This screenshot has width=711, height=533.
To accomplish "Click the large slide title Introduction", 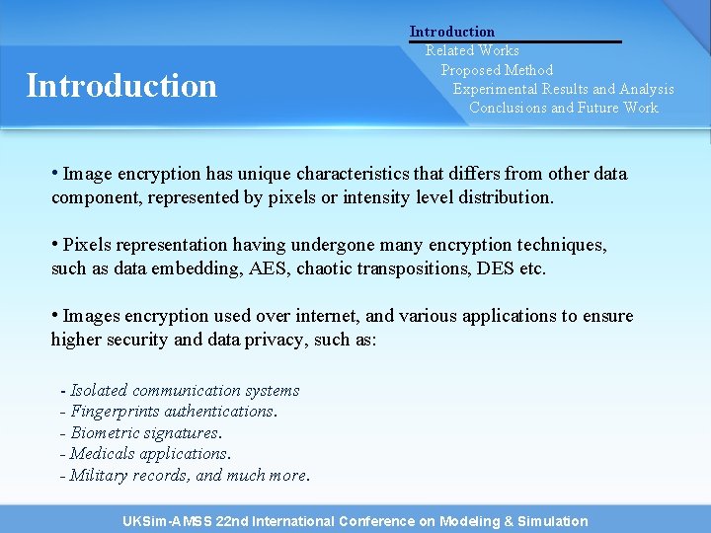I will (121, 86).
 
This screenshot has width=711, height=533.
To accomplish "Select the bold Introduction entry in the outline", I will (452, 32).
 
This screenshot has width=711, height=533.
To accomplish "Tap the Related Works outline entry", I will (472, 50).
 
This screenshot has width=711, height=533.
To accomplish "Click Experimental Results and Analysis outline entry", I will (564, 89).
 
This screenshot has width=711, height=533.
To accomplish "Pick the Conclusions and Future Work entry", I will (563, 108).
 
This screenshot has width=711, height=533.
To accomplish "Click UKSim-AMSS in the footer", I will (165, 521).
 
